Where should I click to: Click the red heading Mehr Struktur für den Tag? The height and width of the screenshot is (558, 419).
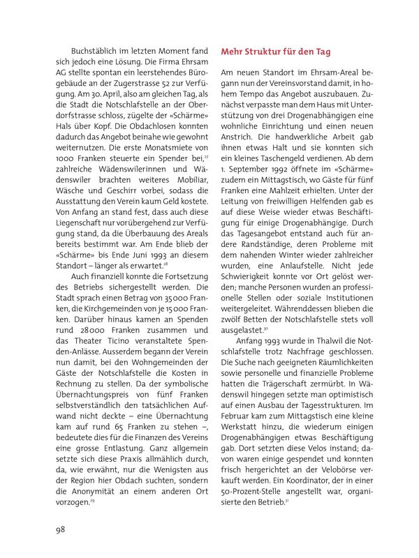(x=276, y=52)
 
